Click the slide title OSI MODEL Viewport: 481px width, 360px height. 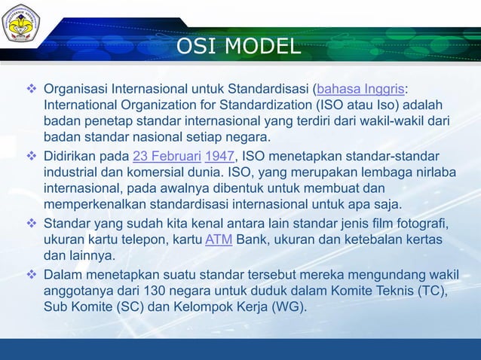coord(237,47)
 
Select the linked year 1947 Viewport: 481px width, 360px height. coord(220,156)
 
